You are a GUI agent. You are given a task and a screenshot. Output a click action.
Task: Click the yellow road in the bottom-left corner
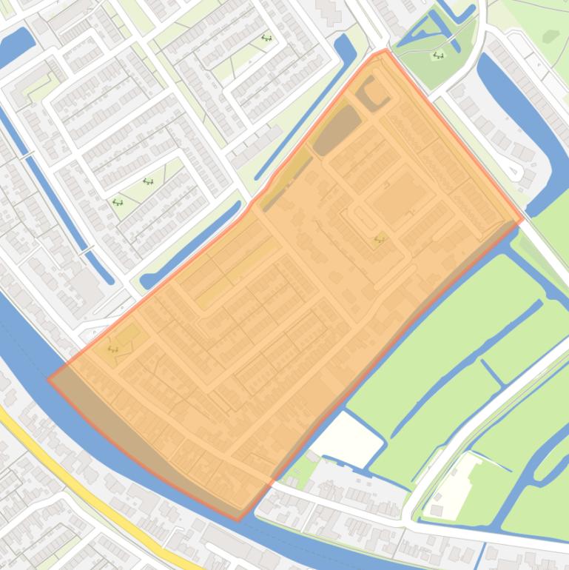point(89,489)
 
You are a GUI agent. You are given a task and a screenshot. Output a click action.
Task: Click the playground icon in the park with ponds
point(438,55)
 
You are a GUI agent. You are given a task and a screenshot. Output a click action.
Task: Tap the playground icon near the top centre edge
point(266,38)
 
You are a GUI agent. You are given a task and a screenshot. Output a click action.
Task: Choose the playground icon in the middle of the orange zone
point(380,238)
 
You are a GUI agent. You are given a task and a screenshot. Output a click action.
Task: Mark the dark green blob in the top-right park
point(551,36)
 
